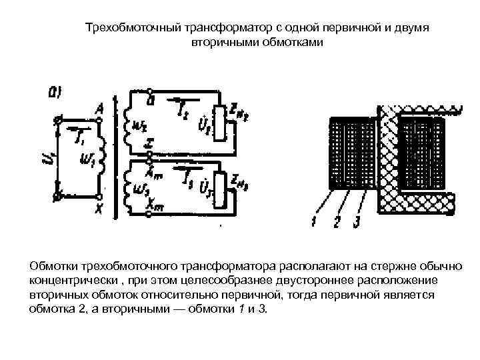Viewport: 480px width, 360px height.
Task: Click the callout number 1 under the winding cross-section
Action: [x=312, y=221]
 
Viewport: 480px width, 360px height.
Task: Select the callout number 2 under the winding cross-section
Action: [x=337, y=221]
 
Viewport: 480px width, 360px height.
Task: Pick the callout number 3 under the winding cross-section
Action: [x=359, y=221]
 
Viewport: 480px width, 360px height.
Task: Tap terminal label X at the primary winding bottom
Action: [x=99, y=209]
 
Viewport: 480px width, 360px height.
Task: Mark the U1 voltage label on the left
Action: [x=47, y=158]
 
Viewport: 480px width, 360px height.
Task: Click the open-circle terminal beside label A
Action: [x=99, y=120]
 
